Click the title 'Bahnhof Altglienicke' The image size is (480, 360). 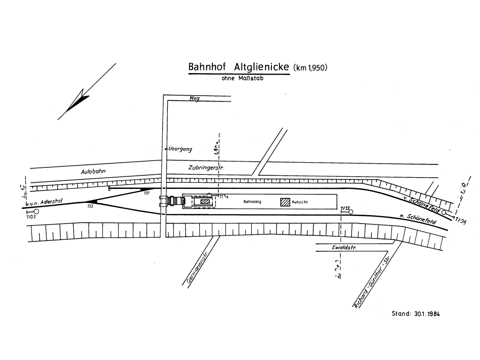pos(239,67)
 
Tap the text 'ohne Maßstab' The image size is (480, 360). pos(242,79)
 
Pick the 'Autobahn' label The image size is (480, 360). pos(93,172)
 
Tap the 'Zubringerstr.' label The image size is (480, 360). pos(206,167)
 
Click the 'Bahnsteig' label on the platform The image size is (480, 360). pos(252,202)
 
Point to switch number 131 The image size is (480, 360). pos(147,193)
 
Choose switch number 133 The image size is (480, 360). pos(90,206)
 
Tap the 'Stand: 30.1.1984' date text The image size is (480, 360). pos(416,314)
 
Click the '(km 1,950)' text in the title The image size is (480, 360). pos(310,68)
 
